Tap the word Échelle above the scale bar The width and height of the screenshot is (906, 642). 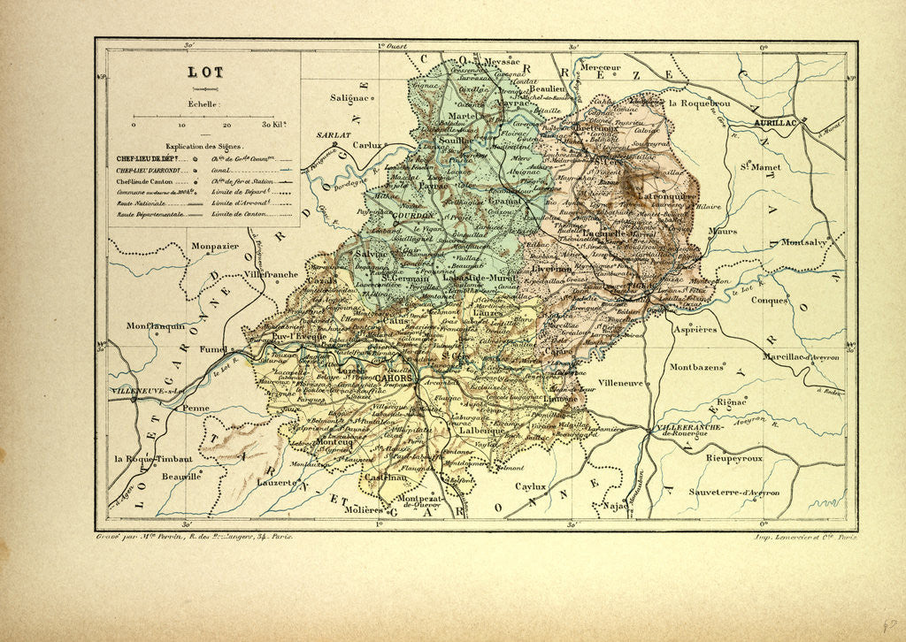tap(204, 103)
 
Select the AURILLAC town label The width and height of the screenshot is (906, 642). tap(776, 122)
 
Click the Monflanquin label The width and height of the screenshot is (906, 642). tap(155, 325)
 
